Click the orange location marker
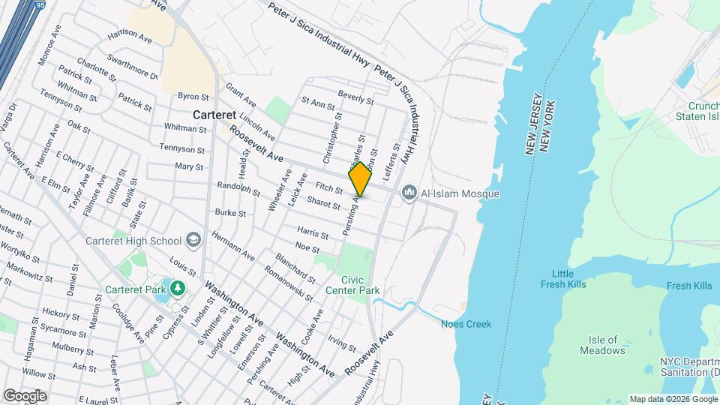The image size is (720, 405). [360, 179]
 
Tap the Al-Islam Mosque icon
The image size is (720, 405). [409, 193]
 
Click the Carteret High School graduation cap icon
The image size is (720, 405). [194, 241]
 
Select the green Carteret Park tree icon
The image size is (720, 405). [177, 288]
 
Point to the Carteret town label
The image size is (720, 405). [214, 115]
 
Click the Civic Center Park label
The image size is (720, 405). [352, 285]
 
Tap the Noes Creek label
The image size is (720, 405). [466, 324]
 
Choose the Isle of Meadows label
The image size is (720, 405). [602, 345]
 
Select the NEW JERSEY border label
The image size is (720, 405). [532, 127]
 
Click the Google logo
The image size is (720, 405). [25, 395]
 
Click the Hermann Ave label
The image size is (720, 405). [233, 244]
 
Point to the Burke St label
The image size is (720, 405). [230, 213]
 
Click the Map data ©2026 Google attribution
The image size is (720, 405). [672, 398]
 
